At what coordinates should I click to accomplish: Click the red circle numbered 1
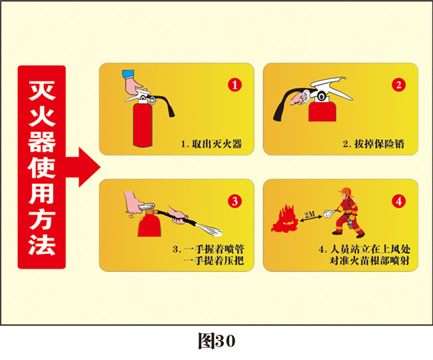234,85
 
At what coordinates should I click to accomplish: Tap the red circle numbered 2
398,85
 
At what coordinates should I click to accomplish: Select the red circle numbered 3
234,201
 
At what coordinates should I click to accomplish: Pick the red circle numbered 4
398,201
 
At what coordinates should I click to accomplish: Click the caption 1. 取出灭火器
211,144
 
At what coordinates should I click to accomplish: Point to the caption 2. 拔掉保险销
373,144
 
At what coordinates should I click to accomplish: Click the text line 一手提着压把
214,261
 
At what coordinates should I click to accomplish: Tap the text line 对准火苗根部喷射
370,261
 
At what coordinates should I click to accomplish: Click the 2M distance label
310,214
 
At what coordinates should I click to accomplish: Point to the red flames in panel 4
284,219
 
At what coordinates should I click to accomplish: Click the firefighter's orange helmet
346,191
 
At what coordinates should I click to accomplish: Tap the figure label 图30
217,341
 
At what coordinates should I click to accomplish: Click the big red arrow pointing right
83,167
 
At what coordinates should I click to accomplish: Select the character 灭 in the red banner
42,91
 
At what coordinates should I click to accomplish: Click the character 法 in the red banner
42,245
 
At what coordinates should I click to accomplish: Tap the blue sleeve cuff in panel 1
128,74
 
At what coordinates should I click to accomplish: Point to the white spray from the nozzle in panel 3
209,230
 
